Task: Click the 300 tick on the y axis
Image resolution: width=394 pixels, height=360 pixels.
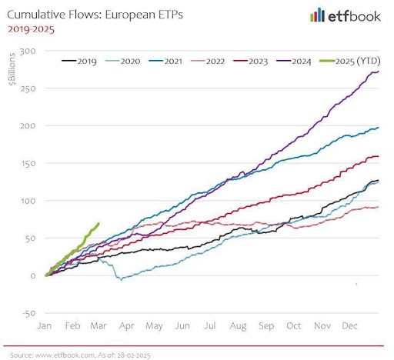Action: point(30,51)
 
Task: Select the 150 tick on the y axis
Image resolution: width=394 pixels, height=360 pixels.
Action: point(30,163)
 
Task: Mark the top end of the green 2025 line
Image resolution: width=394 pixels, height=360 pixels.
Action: point(98,223)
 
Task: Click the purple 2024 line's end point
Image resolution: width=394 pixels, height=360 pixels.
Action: point(379,72)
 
